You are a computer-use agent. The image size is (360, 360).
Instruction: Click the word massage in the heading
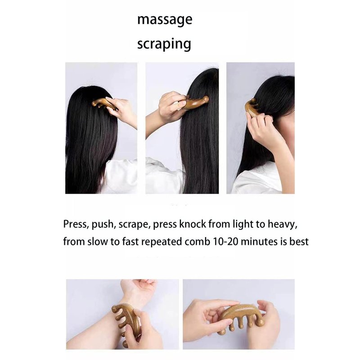point(165,20)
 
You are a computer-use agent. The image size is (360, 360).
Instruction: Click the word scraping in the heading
point(164,44)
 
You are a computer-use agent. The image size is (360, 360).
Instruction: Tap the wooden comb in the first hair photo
point(104,104)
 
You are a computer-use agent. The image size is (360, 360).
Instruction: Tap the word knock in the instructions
point(193,224)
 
